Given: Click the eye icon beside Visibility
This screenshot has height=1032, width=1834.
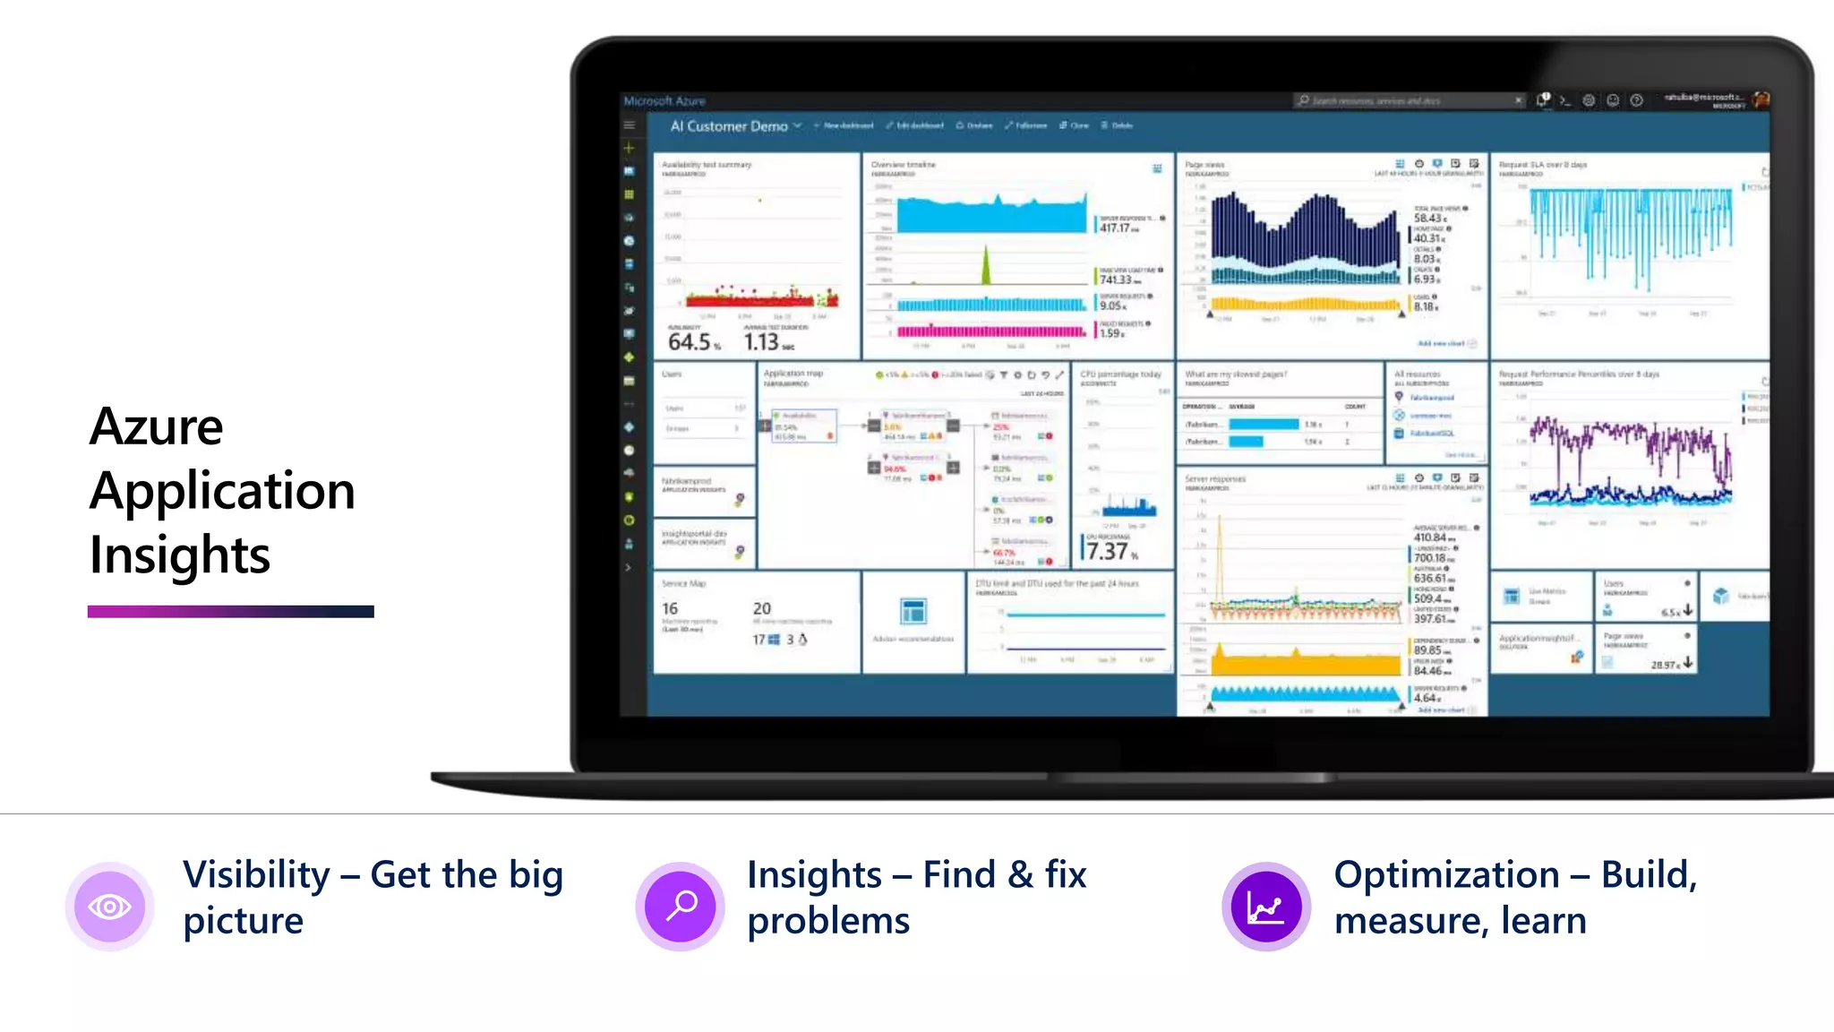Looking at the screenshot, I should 109,907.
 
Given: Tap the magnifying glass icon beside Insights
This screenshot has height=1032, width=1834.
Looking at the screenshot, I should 681,906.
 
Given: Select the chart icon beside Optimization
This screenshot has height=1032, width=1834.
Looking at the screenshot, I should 1265,907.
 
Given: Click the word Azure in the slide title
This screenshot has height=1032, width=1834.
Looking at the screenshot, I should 157,426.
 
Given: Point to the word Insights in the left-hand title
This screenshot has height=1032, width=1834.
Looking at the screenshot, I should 179,555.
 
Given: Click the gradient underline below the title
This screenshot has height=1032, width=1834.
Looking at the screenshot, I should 230,612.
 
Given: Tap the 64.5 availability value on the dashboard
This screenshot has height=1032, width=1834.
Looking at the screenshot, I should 690,341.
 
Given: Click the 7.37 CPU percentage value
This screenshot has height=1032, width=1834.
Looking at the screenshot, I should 1108,551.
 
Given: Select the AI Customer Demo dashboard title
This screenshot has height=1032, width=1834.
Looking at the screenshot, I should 729,126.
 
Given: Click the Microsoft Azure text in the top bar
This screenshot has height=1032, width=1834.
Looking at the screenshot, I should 664,101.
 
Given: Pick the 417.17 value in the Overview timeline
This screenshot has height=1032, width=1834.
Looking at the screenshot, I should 1115,228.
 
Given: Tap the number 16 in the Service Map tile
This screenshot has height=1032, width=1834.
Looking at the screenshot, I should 670,608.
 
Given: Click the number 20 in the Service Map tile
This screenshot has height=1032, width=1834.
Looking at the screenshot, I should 762,608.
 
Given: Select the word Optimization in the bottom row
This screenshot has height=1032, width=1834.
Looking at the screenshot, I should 1446,875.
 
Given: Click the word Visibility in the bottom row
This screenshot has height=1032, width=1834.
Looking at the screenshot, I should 256,875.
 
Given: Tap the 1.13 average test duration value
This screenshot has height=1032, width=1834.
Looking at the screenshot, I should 762,341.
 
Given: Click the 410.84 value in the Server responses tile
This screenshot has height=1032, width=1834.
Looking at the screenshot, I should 1430,537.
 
